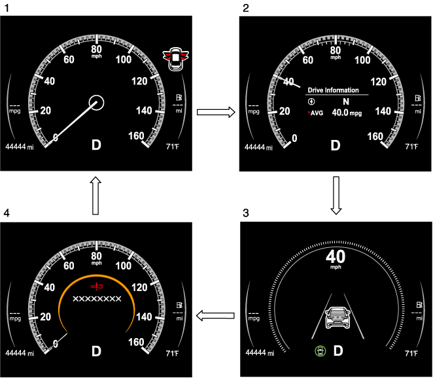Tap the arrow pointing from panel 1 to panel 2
pyautogui.click(x=215, y=112)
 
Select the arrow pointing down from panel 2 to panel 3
pyautogui.click(x=336, y=195)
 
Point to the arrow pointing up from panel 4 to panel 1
pyautogui.click(x=95, y=195)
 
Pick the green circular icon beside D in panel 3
pyautogui.click(x=320, y=351)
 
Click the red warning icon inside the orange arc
pyautogui.click(x=96, y=287)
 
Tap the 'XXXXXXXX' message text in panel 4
pyautogui.click(x=96, y=299)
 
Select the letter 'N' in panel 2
pyautogui.click(x=346, y=102)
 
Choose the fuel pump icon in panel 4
pyautogui.click(x=178, y=305)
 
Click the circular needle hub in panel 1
pyautogui.click(x=96, y=102)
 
